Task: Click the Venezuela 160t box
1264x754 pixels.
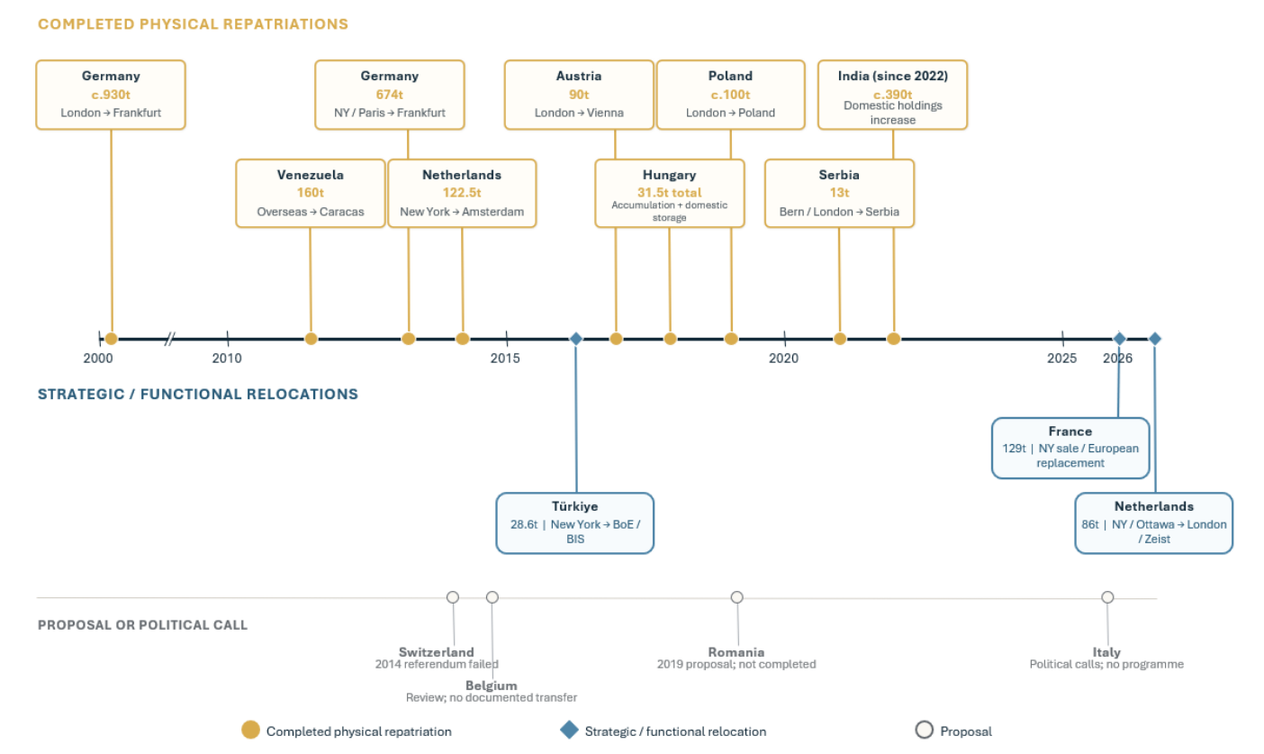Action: [x=311, y=193]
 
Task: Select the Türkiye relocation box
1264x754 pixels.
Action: [x=575, y=523]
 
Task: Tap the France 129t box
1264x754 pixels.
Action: [x=1070, y=448]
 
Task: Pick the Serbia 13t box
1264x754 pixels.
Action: [x=839, y=193]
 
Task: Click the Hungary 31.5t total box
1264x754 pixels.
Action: [x=670, y=193]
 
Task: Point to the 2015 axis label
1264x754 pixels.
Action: [x=505, y=358]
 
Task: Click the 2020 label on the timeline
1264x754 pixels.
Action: [x=784, y=358]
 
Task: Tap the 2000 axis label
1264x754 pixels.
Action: [x=98, y=358]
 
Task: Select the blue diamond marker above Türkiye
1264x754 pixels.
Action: [x=575, y=339]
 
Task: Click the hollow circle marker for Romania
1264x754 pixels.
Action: [x=737, y=597]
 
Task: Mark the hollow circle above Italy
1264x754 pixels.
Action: [x=1107, y=597]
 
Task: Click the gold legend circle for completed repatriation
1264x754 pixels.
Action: [x=250, y=730]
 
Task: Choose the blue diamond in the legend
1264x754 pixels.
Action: [x=569, y=730]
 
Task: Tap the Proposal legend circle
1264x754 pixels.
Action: [x=924, y=730]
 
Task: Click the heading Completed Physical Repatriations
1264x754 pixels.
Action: [x=193, y=24]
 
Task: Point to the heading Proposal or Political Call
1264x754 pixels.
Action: [x=143, y=624]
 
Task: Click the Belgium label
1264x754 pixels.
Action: [x=491, y=686]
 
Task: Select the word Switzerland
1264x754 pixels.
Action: [x=437, y=652]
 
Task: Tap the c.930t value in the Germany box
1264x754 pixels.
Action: [x=111, y=95]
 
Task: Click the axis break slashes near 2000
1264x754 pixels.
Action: [x=170, y=339]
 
